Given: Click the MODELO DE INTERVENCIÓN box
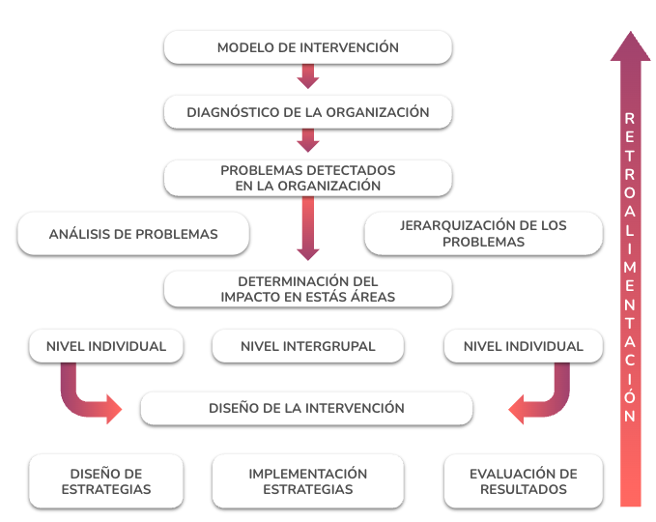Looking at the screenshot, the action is (308, 47).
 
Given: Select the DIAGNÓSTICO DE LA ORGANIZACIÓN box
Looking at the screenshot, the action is (308, 112).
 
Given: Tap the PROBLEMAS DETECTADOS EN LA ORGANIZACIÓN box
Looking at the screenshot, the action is (308, 178).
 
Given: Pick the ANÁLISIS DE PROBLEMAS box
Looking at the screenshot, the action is (133, 234).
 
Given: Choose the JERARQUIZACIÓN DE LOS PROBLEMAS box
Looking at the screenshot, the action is (484, 234).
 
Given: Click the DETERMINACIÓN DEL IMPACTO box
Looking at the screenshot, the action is (308, 289).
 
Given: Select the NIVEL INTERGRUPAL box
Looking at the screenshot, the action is (308, 346).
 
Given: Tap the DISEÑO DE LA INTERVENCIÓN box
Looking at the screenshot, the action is (306, 408).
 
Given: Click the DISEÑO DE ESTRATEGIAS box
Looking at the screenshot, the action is (106, 481).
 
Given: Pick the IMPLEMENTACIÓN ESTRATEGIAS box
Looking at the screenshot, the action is (308, 481).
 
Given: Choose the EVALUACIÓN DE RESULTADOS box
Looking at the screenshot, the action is (524, 481).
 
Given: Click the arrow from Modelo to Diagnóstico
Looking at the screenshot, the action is (308, 76).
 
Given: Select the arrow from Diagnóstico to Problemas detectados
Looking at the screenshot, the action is (308, 141).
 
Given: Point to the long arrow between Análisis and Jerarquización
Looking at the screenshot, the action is (308, 228).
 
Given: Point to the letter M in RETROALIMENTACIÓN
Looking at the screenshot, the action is (630, 267).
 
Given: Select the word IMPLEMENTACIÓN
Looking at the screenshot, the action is (308, 474).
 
